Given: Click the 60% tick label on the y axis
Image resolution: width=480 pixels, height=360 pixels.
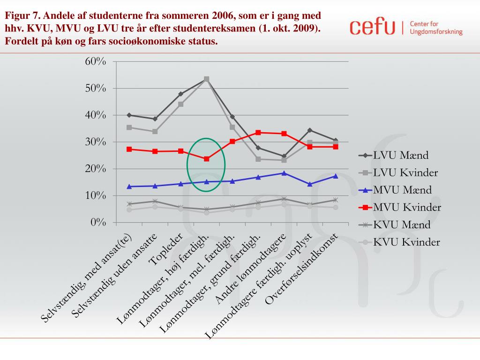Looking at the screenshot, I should pyautogui.click(x=95, y=61).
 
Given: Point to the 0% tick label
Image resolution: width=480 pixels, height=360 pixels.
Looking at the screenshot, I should pyautogui.click(x=98, y=222).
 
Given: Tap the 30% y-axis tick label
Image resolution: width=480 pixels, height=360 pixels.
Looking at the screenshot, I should pyautogui.click(x=95, y=142).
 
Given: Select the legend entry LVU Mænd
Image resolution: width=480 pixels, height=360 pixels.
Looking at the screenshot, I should pyautogui.click(x=400, y=155).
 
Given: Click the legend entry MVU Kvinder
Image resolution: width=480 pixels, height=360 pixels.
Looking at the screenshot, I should pyautogui.click(x=406, y=207).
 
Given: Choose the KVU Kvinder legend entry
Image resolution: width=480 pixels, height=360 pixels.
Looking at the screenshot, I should pyautogui.click(x=406, y=242).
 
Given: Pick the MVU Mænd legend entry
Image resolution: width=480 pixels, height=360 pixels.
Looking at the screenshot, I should pyautogui.click(x=402, y=190).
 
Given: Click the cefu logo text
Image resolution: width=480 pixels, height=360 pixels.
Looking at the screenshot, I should pyautogui.click(x=373, y=27).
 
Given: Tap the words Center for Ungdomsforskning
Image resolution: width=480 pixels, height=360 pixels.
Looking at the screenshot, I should pyautogui.click(x=436, y=28).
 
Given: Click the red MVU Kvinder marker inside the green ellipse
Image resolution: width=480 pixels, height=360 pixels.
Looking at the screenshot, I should pyautogui.click(x=207, y=159).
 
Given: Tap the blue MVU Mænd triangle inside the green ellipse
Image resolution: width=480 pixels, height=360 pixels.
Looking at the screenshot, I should pyautogui.click(x=207, y=181).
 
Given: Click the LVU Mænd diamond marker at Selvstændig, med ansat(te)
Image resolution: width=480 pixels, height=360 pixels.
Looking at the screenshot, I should pyautogui.click(x=129, y=115).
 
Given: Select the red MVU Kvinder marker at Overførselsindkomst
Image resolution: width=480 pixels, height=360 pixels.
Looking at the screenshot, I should pyautogui.click(x=336, y=147).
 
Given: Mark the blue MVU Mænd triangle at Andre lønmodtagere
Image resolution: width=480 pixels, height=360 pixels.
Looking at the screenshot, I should pyautogui.click(x=284, y=173).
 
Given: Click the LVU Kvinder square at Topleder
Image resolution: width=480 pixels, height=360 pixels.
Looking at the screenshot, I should pyautogui.click(x=180, y=104).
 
